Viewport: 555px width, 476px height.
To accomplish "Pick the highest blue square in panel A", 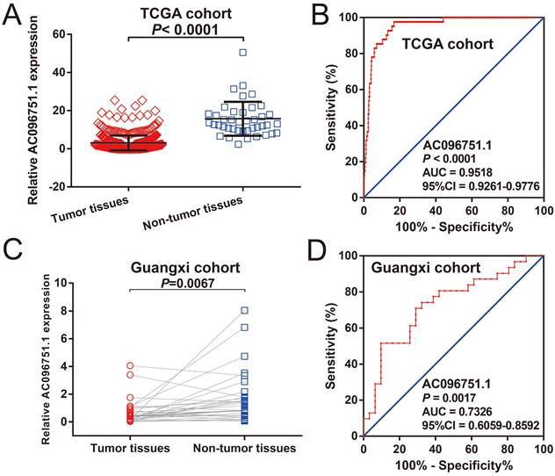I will (x=242, y=53).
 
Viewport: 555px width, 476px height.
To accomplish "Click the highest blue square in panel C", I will (x=245, y=310).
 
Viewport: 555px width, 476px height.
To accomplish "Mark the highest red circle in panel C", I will (x=129, y=365).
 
